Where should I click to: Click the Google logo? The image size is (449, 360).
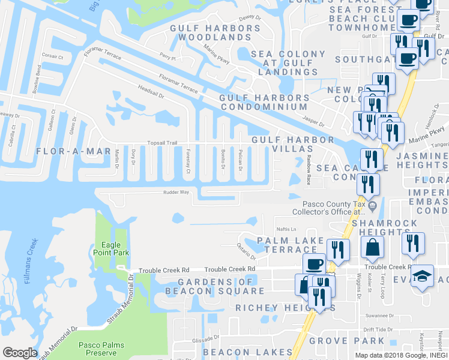(20, 353)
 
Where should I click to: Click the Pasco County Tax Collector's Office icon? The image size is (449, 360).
(372, 207)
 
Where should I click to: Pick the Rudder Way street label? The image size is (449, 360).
(177, 193)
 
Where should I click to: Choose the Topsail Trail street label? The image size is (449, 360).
(163, 143)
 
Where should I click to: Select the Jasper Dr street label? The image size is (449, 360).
(313, 122)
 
